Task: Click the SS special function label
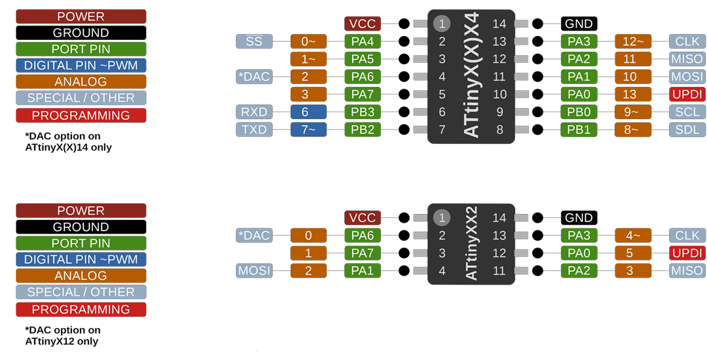click(x=254, y=41)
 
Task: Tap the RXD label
click(x=254, y=112)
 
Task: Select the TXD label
click(x=254, y=130)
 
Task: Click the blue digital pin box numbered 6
click(x=308, y=112)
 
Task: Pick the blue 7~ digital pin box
click(x=308, y=130)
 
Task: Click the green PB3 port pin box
click(x=363, y=112)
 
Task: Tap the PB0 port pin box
click(x=579, y=112)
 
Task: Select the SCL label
click(x=687, y=112)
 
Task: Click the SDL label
click(x=687, y=130)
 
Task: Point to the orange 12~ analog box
click(x=633, y=41)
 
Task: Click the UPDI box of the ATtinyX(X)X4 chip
click(x=687, y=94)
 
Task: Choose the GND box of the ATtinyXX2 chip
click(x=579, y=217)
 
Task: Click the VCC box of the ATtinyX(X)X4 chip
click(x=363, y=24)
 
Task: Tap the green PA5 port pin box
click(x=363, y=59)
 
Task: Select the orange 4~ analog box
click(x=633, y=235)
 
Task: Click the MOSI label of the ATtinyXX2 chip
click(x=254, y=271)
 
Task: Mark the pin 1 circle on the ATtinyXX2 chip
click(x=442, y=217)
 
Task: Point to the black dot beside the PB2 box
click(x=405, y=130)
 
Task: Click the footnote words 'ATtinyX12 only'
click(x=62, y=341)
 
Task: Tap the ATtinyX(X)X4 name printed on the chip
click(x=471, y=75)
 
